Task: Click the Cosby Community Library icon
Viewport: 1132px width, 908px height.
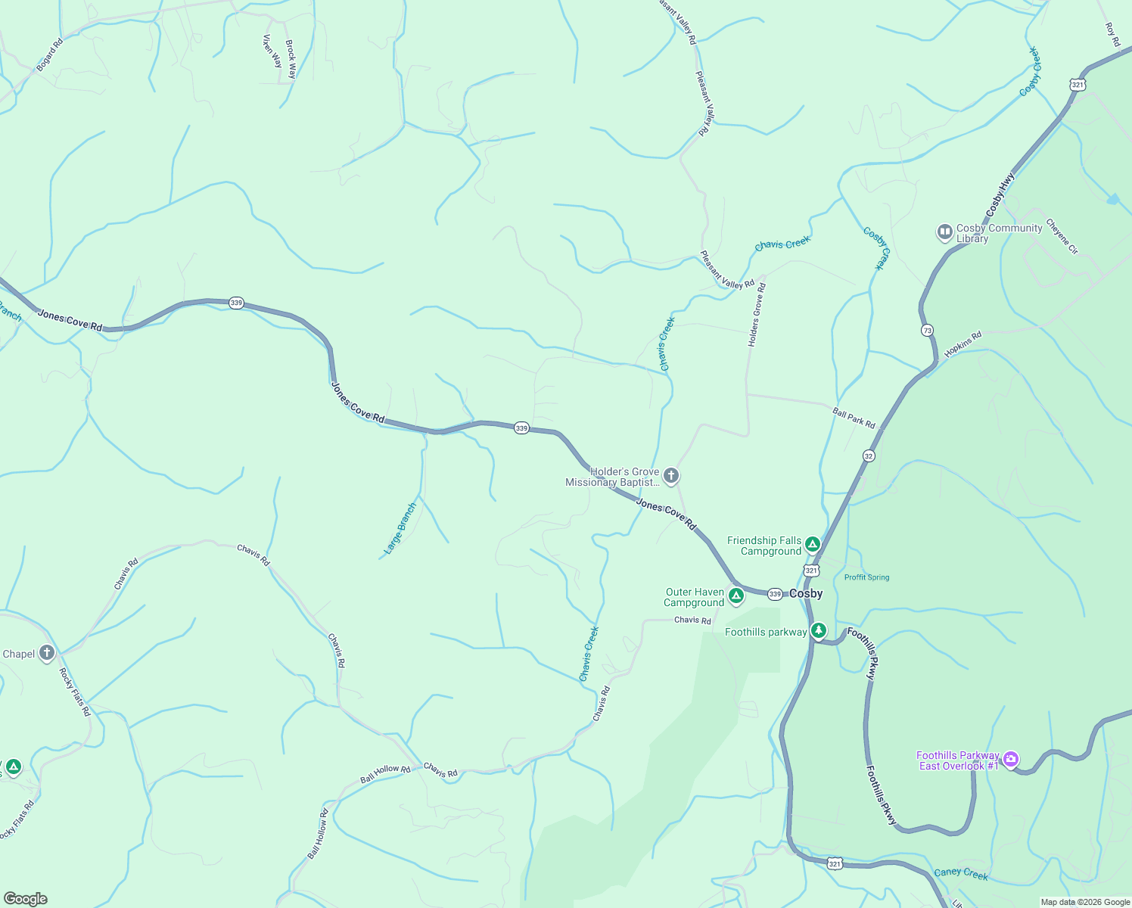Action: click(x=944, y=232)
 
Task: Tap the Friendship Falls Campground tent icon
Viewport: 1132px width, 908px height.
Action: click(x=812, y=544)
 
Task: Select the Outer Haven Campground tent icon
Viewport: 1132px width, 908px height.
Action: click(x=735, y=597)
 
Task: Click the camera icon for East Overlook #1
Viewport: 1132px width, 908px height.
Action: click(x=1011, y=760)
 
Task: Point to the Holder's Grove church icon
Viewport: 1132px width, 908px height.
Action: click(x=671, y=476)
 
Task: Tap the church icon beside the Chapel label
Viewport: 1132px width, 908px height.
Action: click(x=47, y=653)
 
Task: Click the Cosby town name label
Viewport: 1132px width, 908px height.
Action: click(x=806, y=594)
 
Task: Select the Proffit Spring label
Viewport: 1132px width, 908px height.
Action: click(x=866, y=577)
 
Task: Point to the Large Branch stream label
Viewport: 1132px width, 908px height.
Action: click(x=400, y=529)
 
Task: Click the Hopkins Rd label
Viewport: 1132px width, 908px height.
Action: click(x=963, y=344)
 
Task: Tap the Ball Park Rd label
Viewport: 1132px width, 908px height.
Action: click(x=854, y=418)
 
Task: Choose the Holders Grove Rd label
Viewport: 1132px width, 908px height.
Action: click(x=757, y=315)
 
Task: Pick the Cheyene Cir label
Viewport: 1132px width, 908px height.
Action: click(x=1062, y=237)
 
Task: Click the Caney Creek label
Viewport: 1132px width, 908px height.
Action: click(x=960, y=873)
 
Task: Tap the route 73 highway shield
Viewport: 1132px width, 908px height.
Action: click(x=927, y=331)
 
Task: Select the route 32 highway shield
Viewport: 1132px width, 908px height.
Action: click(x=869, y=456)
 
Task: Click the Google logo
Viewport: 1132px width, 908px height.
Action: click(x=26, y=898)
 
